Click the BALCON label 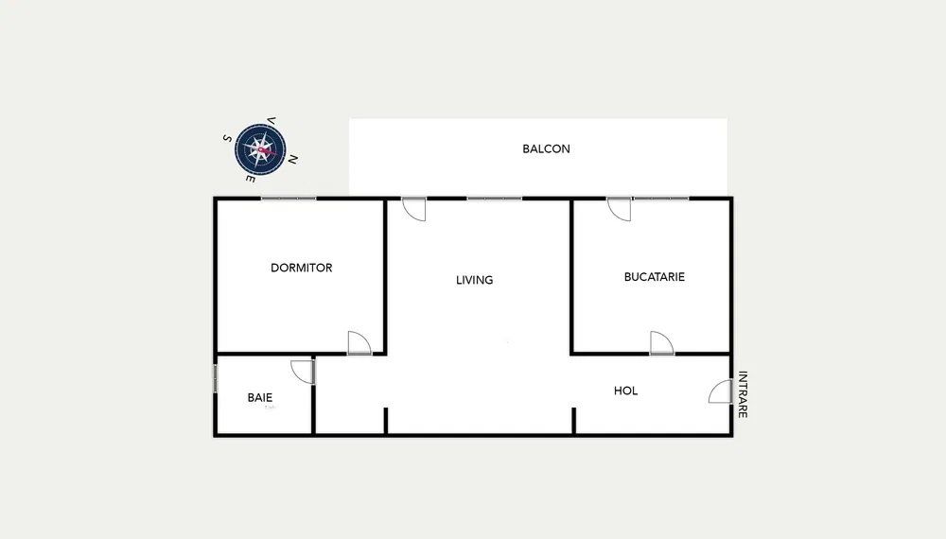point(546,148)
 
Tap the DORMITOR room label point(301,268)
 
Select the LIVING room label point(474,280)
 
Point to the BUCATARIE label point(654,277)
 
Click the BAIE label point(259,397)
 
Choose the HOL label point(625,391)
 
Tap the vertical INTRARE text point(743,394)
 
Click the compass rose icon point(260,148)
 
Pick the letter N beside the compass point(292,160)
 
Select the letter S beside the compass point(227,138)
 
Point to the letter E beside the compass point(251,179)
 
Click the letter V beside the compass point(272,121)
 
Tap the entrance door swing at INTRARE point(720,391)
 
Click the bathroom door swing point(303,372)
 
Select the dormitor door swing point(359,342)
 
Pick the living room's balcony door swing point(414,209)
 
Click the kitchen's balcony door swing point(619,209)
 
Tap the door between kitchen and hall point(662,342)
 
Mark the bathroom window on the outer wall point(216,378)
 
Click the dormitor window point(289,198)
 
